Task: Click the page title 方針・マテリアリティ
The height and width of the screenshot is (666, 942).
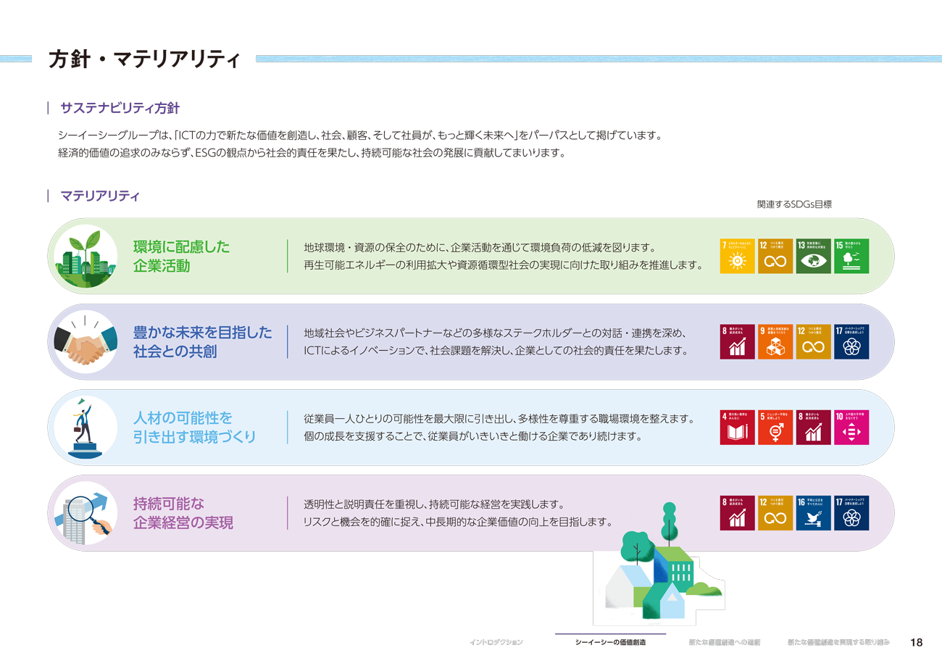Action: (x=143, y=60)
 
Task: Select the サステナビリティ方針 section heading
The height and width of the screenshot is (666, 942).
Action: (x=120, y=108)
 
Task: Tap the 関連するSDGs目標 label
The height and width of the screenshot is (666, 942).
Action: (x=794, y=204)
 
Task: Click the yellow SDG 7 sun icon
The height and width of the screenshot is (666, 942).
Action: (x=737, y=256)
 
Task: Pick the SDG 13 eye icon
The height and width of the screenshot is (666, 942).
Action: (x=813, y=256)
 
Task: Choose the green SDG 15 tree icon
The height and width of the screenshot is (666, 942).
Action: (x=851, y=256)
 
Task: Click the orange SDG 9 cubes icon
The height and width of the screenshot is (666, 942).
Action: (x=775, y=341)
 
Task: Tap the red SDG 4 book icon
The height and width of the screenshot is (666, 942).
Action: (x=737, y=427)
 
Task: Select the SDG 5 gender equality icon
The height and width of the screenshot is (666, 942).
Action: (x=775, y=427)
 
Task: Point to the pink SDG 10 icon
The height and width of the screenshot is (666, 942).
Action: (x=851, y=427)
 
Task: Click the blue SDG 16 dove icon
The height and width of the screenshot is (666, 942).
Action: (x=813, y=512)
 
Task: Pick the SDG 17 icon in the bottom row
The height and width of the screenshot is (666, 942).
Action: (x=851, y=512)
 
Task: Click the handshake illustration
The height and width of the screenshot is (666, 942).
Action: (x=86, y=342)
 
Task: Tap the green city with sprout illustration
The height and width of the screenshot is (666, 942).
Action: (x=86, y=256)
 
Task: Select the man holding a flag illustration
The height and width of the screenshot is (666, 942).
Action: (x=86, y=428)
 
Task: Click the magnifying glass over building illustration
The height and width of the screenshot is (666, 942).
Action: (x=86, y=513)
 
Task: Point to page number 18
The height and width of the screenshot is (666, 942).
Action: (x=916, y=643)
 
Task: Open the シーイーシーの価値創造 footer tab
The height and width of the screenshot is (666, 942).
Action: (x=609, y=643)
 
